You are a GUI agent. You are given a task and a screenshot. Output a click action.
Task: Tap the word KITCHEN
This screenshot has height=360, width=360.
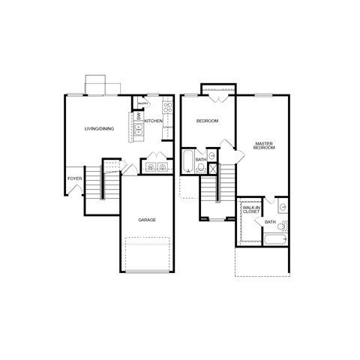[x=154, y=121]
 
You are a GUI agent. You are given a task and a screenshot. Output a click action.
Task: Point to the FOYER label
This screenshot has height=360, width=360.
[x=74, y=178]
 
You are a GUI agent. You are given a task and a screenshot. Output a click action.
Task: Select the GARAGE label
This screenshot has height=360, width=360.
[x=147, y=220]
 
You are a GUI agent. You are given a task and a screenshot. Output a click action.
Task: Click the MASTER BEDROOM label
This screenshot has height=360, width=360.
[x=263, y=145]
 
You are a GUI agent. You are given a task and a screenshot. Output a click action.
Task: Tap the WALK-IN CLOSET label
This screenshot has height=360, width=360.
[x=250, y=210]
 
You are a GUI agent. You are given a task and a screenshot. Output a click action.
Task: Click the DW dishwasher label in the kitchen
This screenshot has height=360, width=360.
[x=139, y=115]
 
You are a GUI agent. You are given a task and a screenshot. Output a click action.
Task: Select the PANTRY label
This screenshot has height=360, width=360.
[x=142, y=104]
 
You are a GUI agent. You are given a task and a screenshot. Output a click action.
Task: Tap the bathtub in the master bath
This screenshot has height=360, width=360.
[x=274, y=241]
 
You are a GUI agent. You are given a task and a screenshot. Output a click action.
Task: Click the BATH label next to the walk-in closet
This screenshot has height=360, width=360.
[x=270, y=223]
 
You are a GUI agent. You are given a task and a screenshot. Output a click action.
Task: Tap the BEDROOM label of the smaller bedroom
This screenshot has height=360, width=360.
[x=207, y=121]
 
